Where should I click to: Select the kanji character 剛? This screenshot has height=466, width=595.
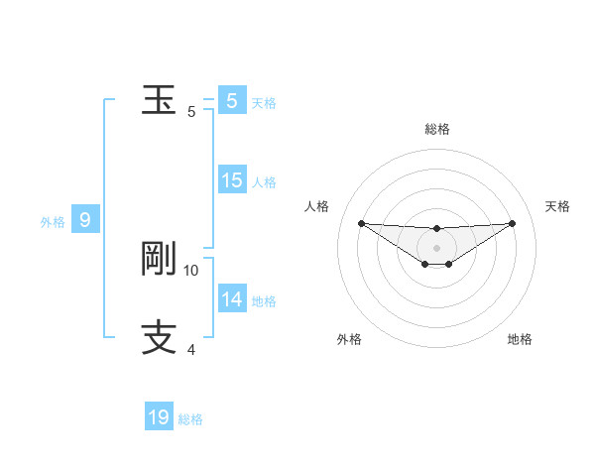point(159,259)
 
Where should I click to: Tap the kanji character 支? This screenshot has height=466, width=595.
point(159,338)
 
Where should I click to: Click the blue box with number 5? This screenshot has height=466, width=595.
point(231,101)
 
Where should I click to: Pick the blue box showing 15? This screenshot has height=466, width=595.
point(231,180)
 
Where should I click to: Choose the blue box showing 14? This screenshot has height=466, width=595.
point(231,299)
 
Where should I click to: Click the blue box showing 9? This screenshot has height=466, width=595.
point(85,220)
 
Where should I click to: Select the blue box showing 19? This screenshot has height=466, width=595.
point(159,417)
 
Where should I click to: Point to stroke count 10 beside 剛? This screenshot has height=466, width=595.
point(191,270)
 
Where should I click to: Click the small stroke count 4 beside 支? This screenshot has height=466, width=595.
point(191,349)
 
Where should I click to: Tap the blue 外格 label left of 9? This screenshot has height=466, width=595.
point(53,222)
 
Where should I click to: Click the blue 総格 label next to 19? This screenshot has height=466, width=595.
point(190,419)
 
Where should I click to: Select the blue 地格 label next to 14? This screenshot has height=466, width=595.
point(264,301)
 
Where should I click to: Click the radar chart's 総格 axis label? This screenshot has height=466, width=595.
point(436,129)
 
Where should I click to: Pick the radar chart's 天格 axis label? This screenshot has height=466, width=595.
point(558,206)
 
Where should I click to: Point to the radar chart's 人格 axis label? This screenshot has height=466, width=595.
point(317,206)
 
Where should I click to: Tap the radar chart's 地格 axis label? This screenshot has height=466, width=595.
point(520,339)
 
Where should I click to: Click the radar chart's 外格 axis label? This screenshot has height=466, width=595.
point(349,339)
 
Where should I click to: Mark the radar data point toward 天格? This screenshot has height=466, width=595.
point(512,223)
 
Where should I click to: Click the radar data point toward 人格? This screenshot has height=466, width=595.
point(361,223)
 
